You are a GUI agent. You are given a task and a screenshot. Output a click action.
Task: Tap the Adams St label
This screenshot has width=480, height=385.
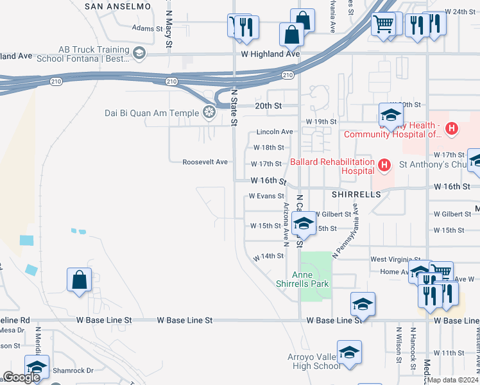pos(147,28)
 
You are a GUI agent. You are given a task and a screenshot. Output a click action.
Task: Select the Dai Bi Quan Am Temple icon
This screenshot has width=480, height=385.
pos(209,114)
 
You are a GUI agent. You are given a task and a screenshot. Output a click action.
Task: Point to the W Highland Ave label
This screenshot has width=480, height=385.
pos(270,55)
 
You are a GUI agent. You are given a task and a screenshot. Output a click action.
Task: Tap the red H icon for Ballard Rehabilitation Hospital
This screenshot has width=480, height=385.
pos(384,166)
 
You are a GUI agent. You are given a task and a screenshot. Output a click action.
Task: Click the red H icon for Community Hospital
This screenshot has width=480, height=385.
pos(452,129)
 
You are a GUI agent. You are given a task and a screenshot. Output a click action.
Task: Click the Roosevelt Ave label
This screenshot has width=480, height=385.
pos(205,162)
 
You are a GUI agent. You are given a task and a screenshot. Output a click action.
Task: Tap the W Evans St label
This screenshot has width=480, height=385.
pos(266,196)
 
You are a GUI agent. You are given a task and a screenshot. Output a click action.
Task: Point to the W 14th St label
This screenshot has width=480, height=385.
pos(268,256)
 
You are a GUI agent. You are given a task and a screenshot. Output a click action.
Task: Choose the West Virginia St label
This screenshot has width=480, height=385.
pos(390,259)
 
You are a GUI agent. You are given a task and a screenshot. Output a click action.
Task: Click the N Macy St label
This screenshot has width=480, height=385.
pos(169,29)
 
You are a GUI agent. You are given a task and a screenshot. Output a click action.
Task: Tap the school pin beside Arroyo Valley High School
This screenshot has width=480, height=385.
pos(349,352)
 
